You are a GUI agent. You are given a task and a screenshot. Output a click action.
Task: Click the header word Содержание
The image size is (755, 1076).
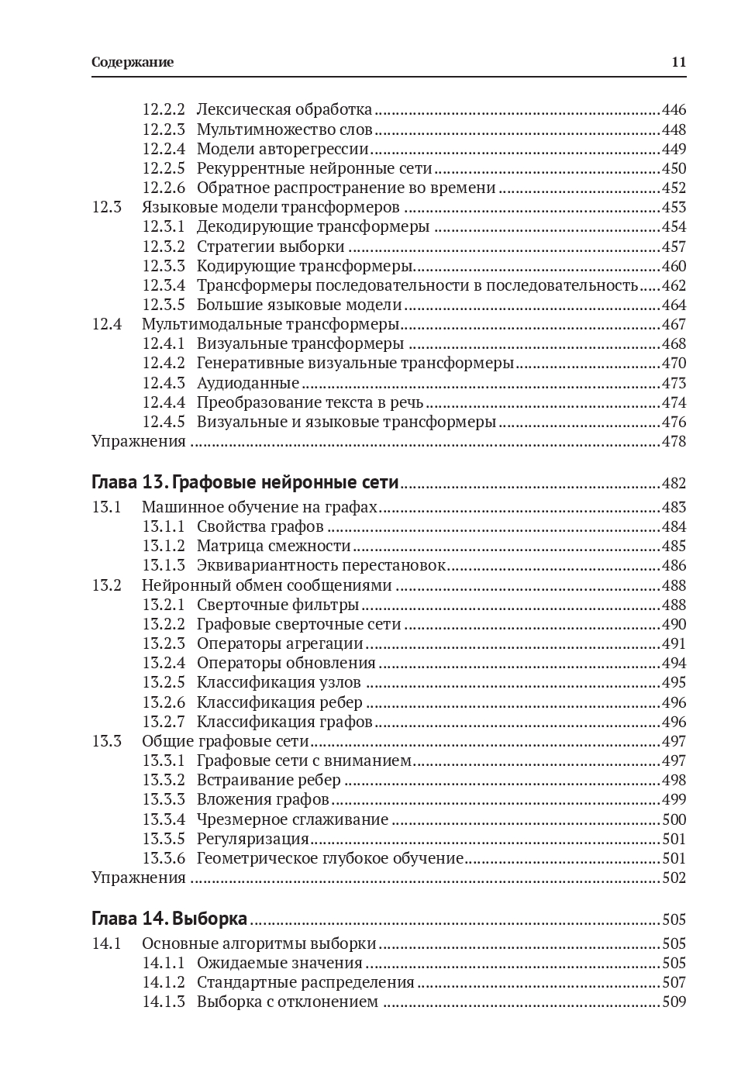click(x=133, y=63)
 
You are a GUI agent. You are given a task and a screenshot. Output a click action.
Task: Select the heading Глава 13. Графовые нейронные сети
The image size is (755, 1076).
click(x=245, y=483)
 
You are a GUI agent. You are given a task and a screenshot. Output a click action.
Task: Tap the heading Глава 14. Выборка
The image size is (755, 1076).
click(x=169, y=919)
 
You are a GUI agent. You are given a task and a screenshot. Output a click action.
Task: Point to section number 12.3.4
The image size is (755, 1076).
click(x=164, y=285)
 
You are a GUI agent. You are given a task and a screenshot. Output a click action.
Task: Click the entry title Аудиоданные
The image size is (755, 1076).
click(x=248, y=383)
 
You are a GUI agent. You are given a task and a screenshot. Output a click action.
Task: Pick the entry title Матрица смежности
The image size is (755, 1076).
click(x=274, y=547)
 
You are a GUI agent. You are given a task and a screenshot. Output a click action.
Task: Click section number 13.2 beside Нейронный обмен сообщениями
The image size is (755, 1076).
click(x=107, y=585)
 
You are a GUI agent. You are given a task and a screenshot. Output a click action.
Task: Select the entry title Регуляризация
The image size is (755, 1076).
click(x=253, y=839)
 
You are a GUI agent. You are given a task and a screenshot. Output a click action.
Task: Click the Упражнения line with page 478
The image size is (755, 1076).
click(x=139, y=441)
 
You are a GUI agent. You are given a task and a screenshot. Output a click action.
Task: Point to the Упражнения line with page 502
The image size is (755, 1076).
click(x=139, y=878)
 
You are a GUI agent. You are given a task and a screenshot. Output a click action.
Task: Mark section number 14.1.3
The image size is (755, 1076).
click(x=164, y=1002)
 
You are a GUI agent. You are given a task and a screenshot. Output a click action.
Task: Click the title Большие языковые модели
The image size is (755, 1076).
click(x=299, y=305)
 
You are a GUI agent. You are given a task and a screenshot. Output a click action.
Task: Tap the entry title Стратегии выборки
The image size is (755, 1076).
click(x=271, y=247)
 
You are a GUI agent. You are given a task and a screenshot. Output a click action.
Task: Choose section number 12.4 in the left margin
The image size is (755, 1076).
click(x=107, y=324)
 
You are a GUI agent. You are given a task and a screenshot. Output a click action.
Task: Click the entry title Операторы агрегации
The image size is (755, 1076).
click(x=280, y=643)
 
